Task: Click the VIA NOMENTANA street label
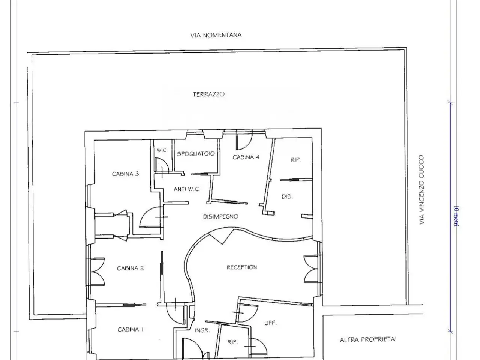click(216, 35)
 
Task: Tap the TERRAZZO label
click(208, 94)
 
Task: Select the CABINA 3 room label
click(125, 174)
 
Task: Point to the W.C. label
click(162, 150)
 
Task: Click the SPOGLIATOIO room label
click(196, 154)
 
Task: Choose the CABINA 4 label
click(246, 157)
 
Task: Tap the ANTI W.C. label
click(186, 189)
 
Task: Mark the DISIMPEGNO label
click(220, 217)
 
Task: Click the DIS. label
click(287, 196)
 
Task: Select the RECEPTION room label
click(241, 267)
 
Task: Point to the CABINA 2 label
click(130, 268)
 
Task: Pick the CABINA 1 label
click(130, 329)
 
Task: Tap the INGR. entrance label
click(202, 330)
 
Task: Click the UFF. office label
click(271, 323)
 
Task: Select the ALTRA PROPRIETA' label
click(367, 339)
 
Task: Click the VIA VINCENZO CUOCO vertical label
click(421, 190)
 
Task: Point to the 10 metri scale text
click(456, 216)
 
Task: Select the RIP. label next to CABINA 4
click(295, 160)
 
